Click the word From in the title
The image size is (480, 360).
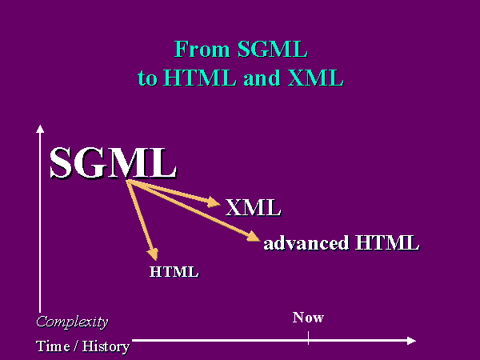pos(202,49)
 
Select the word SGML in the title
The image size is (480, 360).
pos(273,49)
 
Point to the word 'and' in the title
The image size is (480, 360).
pos(262,78)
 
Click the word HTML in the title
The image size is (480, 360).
pos(199,78)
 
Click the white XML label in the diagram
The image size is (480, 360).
pos(253,207)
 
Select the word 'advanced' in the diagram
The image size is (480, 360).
pos(306,242)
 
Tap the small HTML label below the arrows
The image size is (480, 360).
pos(174,272)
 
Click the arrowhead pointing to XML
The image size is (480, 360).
pos(214,202)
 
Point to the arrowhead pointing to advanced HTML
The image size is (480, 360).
pos(254,236)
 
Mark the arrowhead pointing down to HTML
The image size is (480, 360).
pos(153,254)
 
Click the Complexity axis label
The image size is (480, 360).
pos(72,322)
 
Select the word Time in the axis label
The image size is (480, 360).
pos(53,346)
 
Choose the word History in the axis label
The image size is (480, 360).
pos(106,347)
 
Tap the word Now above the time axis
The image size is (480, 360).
pos(308,318)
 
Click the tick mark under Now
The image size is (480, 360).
pos(308,338)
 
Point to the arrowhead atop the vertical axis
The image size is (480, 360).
pos(40,129)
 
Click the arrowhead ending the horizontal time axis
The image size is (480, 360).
pos(411,341)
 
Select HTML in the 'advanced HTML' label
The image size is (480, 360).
pos(387,242)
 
